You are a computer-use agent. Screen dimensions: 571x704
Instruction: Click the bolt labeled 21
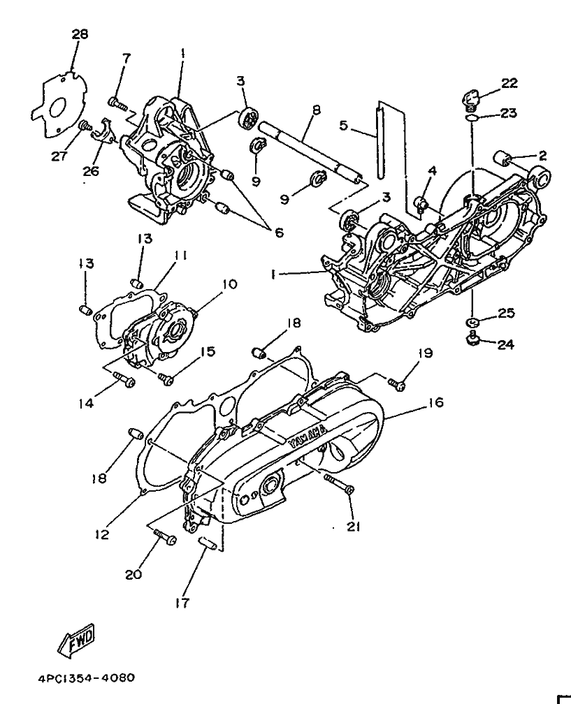[340, 485]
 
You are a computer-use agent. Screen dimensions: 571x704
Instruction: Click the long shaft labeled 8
[311, 152]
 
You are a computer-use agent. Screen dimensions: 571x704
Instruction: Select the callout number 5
[343, 126]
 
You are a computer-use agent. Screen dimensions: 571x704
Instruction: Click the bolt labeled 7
[117, 103]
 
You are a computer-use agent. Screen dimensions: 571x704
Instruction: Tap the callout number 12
[103, 535]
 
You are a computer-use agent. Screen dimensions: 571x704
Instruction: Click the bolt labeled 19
[397, 383]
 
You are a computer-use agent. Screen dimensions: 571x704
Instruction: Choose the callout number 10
[229, 284]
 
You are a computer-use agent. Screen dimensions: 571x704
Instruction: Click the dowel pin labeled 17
[208, 543]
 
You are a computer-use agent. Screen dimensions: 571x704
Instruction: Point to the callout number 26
[91, 171]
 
